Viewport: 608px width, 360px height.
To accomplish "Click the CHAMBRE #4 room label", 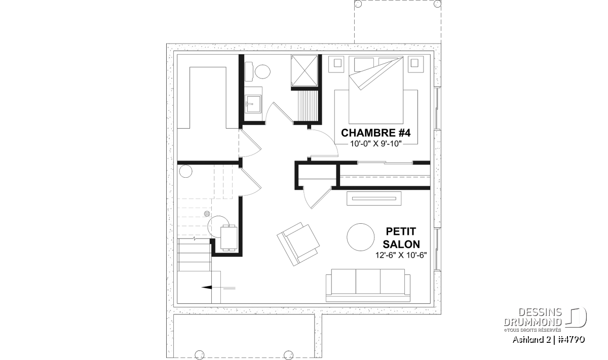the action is coord(375,133).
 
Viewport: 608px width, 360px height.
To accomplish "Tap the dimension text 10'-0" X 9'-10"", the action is coord(375,144).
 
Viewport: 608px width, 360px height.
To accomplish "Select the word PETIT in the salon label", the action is coord(401,231).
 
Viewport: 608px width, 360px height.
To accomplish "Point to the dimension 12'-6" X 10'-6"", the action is coord(401,255).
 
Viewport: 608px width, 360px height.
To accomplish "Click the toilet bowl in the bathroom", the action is coord(262,71).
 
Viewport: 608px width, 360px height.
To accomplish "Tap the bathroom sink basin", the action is coord(253,103).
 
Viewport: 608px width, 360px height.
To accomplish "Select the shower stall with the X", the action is coord(305,70).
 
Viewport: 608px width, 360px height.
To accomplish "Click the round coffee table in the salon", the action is coord(360,237).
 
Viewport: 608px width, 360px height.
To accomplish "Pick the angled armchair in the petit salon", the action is coord(298,244).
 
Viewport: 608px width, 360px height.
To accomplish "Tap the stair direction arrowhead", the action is coord(206,288).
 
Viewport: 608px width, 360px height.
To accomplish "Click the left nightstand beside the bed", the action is coord(337,64).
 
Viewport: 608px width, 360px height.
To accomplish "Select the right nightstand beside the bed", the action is coord(414,64).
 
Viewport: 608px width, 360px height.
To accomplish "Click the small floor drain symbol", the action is coord(207,214).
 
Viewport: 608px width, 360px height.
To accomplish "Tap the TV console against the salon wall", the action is coord(374,198).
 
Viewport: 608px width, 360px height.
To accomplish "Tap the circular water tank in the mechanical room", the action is coord(185,172).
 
